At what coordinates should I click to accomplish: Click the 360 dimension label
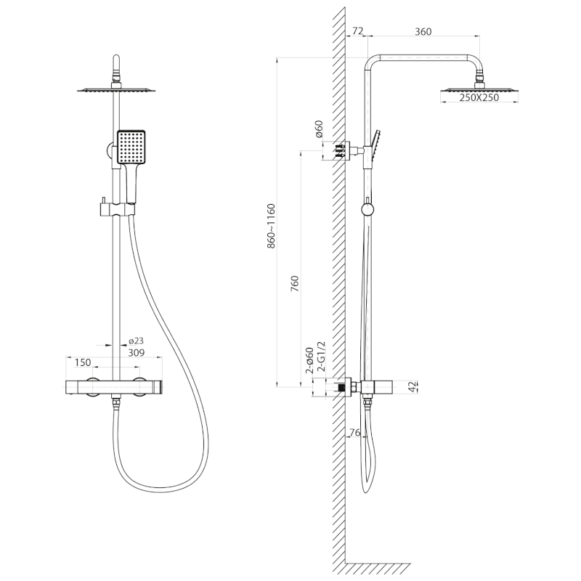point(423,31)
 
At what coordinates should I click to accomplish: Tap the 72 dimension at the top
point(357,31)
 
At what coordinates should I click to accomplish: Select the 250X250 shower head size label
point(479,98)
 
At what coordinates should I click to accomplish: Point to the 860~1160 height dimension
point(271,226)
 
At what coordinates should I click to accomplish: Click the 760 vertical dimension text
point(295,283)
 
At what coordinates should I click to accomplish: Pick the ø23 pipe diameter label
point(136,341)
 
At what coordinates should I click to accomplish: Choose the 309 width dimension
point(136,353)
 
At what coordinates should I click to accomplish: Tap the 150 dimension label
point(82,362)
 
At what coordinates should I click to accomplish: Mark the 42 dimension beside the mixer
point(413,387)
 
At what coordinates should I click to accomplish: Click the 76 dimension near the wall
point(354,432)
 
